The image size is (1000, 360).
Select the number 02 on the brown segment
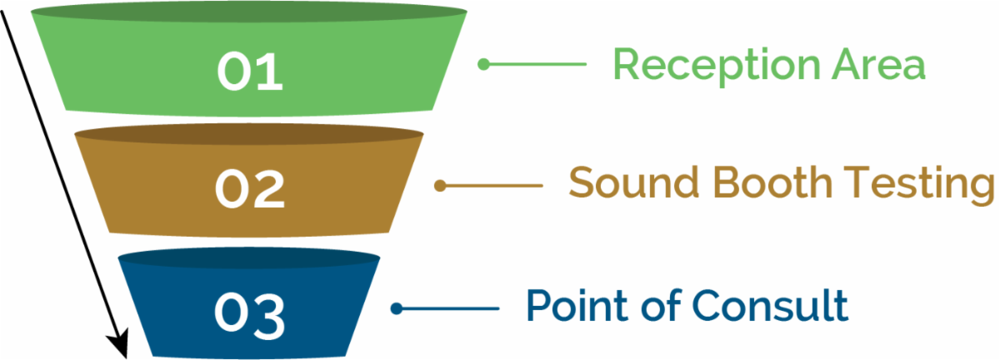(x=250, y=189)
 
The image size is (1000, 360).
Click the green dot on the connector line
(x=484, y=63)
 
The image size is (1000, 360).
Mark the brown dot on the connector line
(x=441, y=186)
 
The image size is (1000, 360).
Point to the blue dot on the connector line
(x=397, y=309)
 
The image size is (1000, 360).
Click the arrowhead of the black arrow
(x=120, y=344)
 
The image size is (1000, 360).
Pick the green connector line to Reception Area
(x=537, y=63)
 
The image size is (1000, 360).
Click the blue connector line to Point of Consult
(x=450, y=309)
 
